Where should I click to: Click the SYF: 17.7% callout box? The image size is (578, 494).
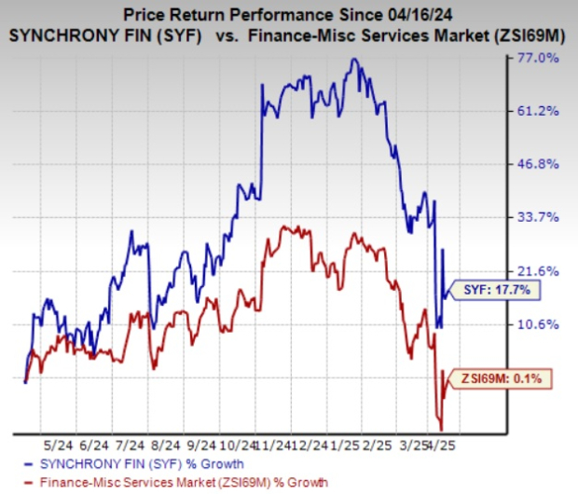497,290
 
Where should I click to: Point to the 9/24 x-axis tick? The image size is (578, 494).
201,445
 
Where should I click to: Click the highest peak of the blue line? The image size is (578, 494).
352,59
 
